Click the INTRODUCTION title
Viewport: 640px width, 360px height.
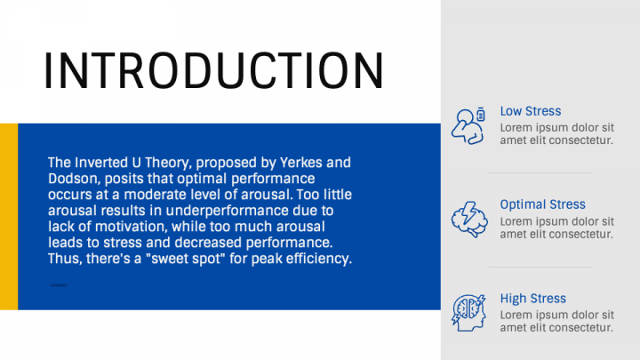pyautogui.click(x=213, y=70)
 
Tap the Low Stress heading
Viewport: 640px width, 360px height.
pyautogui.click(x=531, y=111)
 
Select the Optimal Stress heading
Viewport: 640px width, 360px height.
pyautogui.click(x=542, y=204)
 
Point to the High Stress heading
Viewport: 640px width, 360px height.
pyautogui.click(x=533, y=299)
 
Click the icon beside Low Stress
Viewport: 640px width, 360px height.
pyautogui.click(x=468, y=126)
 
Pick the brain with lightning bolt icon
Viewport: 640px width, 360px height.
pyautogui.click(x=469, y=220)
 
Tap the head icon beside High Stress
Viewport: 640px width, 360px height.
pyautogui.click(x=468, y=313)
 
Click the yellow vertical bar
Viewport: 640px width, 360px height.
pyautogui.click(x=9, y=216)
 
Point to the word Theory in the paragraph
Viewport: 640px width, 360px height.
pyautogui.click(x=167, y=163)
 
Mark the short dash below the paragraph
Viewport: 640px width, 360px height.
pyautogui.click(x=59, y=285)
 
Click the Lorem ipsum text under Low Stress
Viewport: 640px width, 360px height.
pyautogui.click(x=556, y=134)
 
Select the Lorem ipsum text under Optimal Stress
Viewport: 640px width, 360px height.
pyautogui.click(x=556, y=228)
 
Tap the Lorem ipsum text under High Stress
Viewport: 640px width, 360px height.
pyautogui.click(x=556, y=321)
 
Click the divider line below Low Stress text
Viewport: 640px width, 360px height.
pyautogui.click(x=540, y=172)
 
